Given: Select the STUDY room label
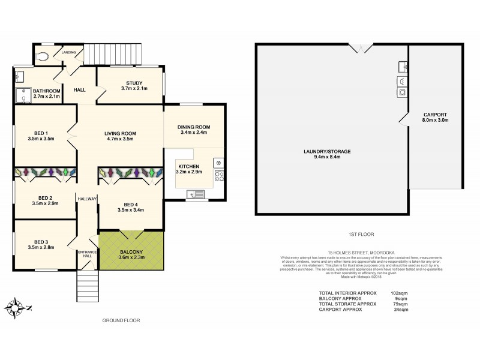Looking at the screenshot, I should pyautogui.click(x=134, y=83).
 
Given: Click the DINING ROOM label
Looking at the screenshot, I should pyautogui.click(x=193, y=127).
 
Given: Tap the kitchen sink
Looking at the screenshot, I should pyautogui.click(x=196, y=193).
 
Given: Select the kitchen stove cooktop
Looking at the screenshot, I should pyautogui.click(x=219, y=176).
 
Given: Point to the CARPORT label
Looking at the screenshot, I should pyautogui.click(x=434, y=114).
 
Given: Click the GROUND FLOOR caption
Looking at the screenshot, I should pyautogui.click(x=121, y=320).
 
